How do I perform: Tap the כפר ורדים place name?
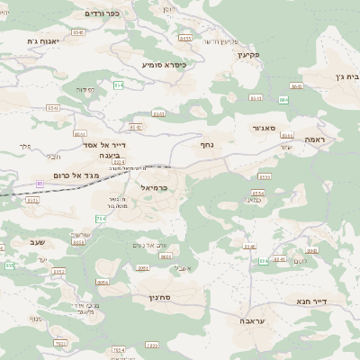[x=102, y=14]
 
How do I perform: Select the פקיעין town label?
[x=247, y=54]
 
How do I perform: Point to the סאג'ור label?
[x=264, y=128]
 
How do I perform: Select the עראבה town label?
[x=253, y=320]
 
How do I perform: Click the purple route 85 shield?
[x=40, y=184]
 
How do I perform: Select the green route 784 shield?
[x=100, y=219]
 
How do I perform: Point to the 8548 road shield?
[x=78, y=32]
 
